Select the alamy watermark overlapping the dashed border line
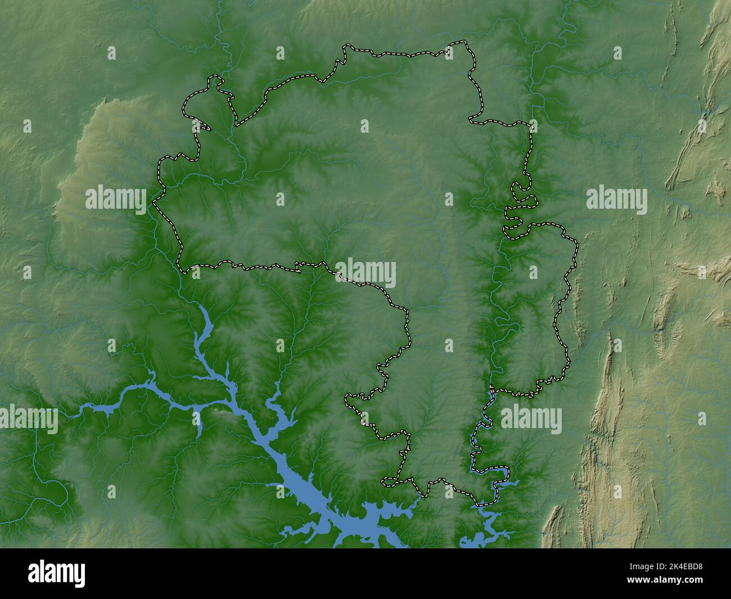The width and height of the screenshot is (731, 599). [365, 274]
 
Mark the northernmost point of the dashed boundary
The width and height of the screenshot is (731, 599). [464, 42]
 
